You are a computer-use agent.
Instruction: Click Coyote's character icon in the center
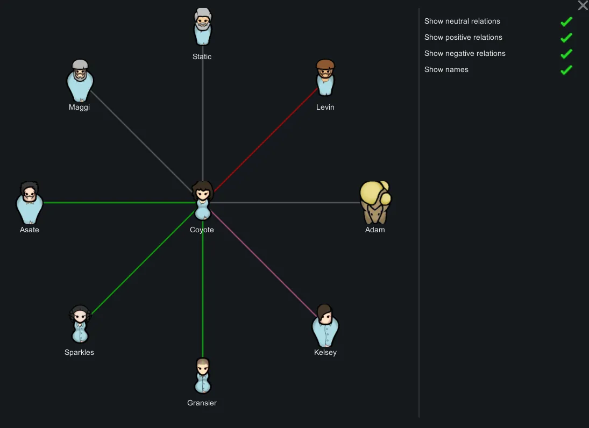(202, 201)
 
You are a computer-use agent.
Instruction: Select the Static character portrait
(202, 27)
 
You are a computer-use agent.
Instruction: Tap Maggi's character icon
(80, 80)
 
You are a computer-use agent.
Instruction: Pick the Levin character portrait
(325, 77)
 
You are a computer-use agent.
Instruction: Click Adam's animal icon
(375, 202)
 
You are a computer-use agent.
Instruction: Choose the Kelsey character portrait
(325, 325)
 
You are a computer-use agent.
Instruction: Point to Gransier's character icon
(203, 375)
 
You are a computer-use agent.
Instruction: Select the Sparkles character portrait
(80, 324)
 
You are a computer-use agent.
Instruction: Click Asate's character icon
(29, 203)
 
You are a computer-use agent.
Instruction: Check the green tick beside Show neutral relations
(566, 22)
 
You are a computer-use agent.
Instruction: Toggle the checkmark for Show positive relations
(566, 38)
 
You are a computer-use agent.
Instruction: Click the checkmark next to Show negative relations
(566, 54)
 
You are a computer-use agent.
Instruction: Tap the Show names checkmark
(566, 70)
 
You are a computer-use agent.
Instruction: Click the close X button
(583, 5)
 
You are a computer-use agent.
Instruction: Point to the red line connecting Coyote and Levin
(266, 140)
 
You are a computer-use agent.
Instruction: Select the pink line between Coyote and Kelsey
(264, 264)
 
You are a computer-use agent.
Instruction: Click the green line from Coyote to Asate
(119, 203)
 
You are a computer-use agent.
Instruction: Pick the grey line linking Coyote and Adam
(286, 203)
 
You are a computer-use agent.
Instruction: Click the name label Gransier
(202, 403)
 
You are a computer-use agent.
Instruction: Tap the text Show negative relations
(465, 53)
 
